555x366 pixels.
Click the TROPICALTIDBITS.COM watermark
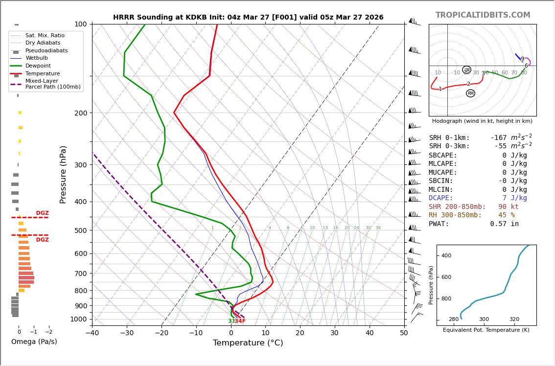click(483, 15)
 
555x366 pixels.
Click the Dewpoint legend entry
click(38, 66)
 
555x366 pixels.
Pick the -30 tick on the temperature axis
click(127, 333)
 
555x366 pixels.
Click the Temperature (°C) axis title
click(248, 343)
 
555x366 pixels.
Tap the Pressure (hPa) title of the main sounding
click(63, 174)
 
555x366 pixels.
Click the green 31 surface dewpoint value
click(231, 321)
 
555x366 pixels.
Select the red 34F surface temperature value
click(240, 321)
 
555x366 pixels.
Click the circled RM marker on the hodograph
click(470, 93)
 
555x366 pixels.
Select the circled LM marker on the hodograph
click(466, 70)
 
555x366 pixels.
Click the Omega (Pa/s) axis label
click(34, 342)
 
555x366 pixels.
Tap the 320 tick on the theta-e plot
click(514, 319)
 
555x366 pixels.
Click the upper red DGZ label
click(42, 213)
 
